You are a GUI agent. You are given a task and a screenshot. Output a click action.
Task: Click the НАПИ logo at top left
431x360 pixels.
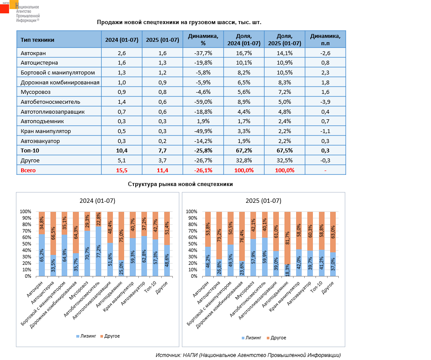19,12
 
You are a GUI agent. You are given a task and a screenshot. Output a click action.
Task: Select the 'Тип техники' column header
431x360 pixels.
37,40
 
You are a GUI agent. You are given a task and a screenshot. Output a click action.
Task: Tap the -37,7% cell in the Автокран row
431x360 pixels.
203,53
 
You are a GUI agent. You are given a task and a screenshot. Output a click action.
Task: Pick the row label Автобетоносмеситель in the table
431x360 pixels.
50,102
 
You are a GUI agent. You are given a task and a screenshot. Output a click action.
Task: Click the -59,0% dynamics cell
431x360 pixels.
203,102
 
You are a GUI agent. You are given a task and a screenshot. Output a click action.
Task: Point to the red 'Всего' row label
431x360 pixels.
28,170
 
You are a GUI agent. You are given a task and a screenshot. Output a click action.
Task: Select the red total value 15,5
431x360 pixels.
122,170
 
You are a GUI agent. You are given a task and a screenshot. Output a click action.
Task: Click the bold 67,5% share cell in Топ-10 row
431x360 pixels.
284,150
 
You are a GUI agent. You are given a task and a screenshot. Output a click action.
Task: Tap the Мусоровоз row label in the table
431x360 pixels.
35,92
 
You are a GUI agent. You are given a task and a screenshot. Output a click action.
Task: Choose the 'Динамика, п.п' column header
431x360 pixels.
325,40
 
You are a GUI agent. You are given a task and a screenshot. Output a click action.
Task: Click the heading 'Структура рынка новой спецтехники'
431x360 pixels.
180,184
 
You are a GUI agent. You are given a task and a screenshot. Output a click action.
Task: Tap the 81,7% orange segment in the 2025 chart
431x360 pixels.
287,238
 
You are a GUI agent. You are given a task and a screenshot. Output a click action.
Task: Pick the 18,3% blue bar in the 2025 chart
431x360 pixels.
287,270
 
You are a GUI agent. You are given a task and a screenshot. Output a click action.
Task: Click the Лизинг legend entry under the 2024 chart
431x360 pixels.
86,336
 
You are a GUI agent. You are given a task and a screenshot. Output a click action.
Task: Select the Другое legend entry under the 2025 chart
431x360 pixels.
276,338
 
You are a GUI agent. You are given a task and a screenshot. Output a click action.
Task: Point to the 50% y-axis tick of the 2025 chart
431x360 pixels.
192,244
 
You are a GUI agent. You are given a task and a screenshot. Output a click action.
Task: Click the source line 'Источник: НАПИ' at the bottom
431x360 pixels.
248,355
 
